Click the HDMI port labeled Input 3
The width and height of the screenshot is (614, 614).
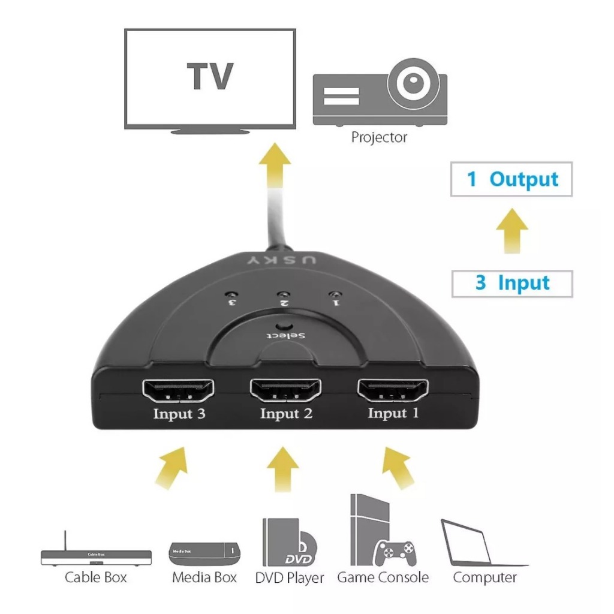[177, 390]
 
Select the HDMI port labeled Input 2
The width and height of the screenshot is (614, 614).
[285, 390]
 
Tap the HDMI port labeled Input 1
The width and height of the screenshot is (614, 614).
[393, 390]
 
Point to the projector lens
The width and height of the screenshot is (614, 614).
[414, 83]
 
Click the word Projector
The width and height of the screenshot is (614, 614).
[379, 137]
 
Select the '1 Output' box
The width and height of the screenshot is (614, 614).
[511, 179]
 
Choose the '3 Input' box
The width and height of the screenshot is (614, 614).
[512, 284]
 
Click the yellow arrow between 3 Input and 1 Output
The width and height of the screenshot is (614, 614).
[512, 231]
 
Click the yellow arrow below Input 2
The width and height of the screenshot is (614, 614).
[283, 469]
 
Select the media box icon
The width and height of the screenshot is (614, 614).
[204, 553]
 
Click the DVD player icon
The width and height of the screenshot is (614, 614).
[290, 542]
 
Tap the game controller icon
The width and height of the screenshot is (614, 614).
[395, 553]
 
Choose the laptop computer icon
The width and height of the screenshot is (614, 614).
[484, 543]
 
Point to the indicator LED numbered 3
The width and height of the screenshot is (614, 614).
[231, 294]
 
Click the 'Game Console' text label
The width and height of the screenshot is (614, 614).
[383, 577]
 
